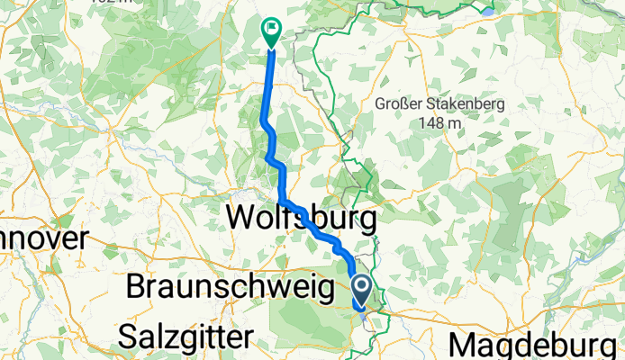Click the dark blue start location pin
(x=362, y=291)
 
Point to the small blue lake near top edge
(x=488, y=12)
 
